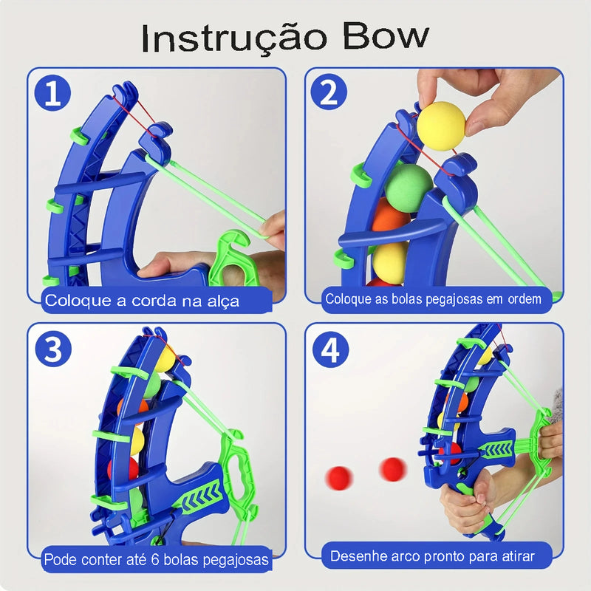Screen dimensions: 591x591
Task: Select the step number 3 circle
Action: (x=52, y=348)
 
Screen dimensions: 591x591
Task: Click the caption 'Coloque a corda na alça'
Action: (x=142, y=301)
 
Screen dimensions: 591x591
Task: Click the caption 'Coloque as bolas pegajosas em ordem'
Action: (x=434, y=299)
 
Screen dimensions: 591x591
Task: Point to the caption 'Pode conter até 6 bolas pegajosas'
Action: (x=156, y=559)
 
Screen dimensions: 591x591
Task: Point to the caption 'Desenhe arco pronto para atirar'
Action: (x=431, y=556)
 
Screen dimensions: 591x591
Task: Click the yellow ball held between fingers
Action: (x=441, y=126)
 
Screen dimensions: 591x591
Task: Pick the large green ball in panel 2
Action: (x=409, y=187)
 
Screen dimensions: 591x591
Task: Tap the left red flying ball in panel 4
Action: (x=340, y=475)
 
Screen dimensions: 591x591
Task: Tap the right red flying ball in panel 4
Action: (x=392, y=468)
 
